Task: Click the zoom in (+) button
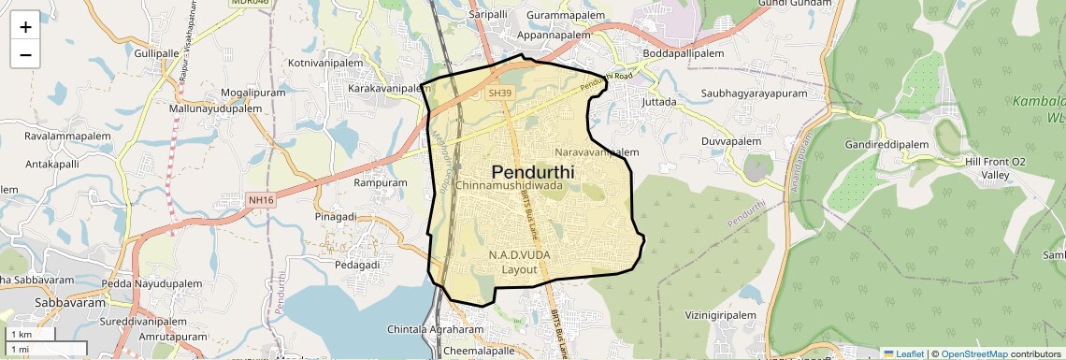click(25, 26)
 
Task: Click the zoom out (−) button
click(25, 54)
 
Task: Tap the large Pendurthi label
click(532, 172)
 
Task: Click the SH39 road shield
click(500, 93)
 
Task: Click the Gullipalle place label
click(155, 54)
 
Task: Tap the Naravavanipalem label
click(597, 151)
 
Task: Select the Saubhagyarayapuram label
click(754, 94)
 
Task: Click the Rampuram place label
click(381, 183)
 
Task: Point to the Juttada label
click(659, 102)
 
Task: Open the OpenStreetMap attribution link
click(973, 353)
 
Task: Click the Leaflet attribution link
click(903, 353)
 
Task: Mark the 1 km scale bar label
click(21, 335)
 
